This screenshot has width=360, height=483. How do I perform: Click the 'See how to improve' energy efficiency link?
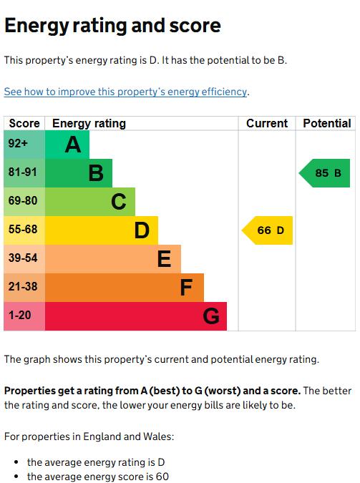tap(125, 92)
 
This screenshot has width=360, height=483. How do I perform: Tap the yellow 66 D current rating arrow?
tap(267, 230)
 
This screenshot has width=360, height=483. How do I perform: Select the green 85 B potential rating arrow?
tap(324, 173)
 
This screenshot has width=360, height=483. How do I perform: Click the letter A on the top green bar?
tap(73, 145)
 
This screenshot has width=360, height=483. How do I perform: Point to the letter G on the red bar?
tap(211, 316)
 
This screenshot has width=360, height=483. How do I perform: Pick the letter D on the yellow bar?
tap(142, 230)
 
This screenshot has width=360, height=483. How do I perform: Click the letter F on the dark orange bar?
tap(187, 288)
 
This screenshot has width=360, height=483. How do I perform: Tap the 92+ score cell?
tap(24, 145)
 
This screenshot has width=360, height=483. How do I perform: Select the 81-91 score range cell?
tap(24, 173)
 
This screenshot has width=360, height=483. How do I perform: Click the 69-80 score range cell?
tap(24, 202)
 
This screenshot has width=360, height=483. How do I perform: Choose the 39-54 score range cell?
tap(24, 259)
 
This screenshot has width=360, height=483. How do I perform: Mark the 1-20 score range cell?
tap(24, 316)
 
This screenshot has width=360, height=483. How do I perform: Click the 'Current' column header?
tap(267, 124)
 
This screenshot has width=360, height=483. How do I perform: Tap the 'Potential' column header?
tap(327, 124)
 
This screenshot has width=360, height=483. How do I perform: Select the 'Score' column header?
tap(24, 124)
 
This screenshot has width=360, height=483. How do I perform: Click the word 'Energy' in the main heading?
tap(37, 26)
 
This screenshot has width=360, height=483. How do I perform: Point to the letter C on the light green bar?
tap(119, 202)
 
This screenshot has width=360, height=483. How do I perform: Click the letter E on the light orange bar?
tap(164, 259)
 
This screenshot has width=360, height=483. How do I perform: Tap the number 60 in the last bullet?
tap(162, 477)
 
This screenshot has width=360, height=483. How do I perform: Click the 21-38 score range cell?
tap(24, 288)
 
